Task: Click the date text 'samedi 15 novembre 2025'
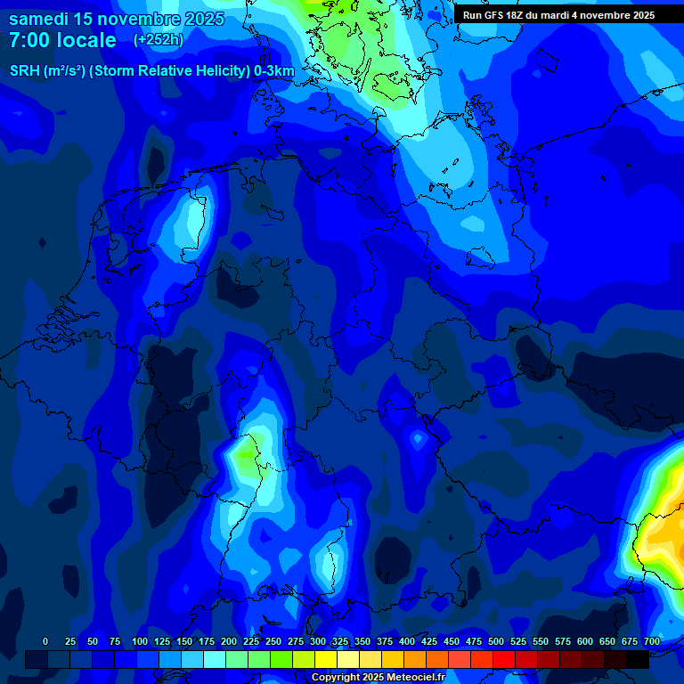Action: click(x=116, y=19)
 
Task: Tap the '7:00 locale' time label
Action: click(x=62, y=40)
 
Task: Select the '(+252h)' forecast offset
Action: click(x=159, y=40)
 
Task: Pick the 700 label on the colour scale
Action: click(x=651, y=642)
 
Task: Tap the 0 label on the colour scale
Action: click(x=45, y=642)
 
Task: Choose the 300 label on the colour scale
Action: click(x=318, y=642)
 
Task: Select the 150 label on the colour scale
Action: click(x=184, y=642)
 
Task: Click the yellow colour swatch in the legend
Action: click(x=326, y=659)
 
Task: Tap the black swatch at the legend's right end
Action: click(x=638, y=659)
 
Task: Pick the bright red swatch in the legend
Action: click(x=504, y=659)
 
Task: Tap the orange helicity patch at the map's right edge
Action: click(x=664, y=534)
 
